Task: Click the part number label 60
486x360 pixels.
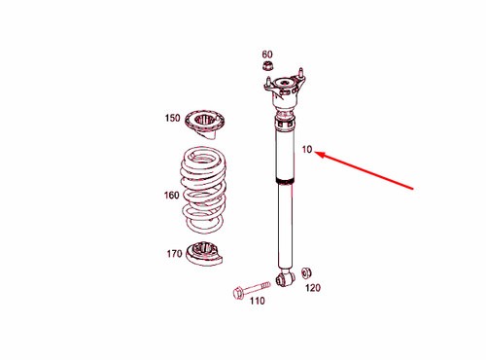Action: [x=267, y=54]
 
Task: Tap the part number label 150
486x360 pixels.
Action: [x=172, y=119]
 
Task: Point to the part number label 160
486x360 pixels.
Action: [x=171, y=196]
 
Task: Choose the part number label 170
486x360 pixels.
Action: [x=173, y=254]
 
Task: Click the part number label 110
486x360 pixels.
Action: [x=257, y=301]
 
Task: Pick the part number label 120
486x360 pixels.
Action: [x=312, y=288]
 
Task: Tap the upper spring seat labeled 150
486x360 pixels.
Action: [x=206, y=125]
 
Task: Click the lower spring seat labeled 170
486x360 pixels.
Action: [x=207, y=253]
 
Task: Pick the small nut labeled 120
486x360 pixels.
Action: [x=306, y=271]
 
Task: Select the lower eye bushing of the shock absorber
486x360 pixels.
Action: [x=285, y=278]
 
